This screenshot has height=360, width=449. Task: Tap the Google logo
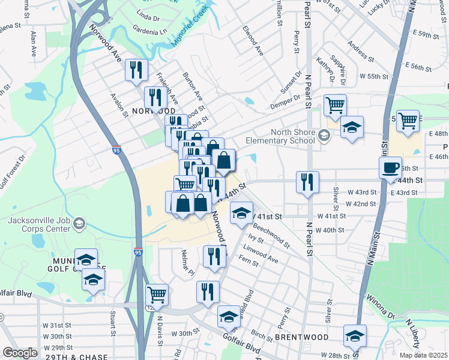click(20, 353)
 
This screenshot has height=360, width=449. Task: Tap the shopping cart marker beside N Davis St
click(157, 294)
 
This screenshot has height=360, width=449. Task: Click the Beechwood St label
click(271, 236)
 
